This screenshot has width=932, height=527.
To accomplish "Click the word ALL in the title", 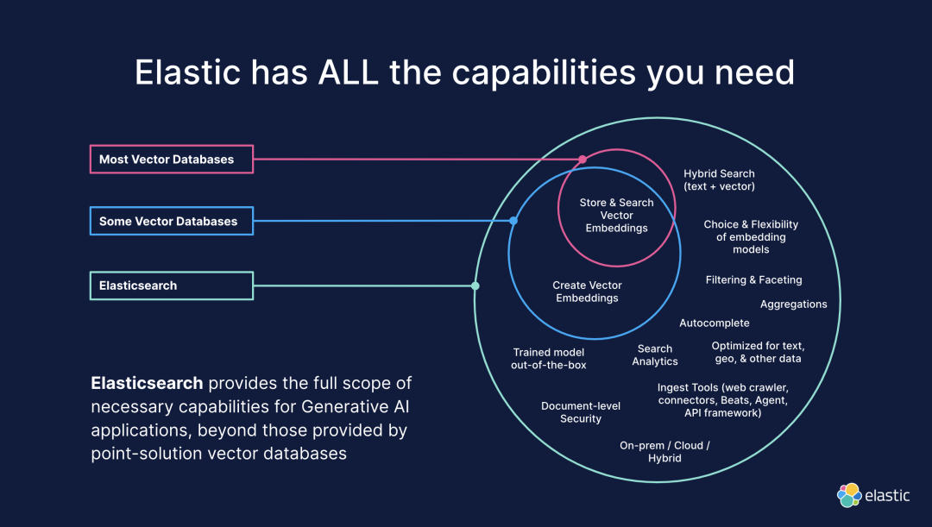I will click(x=349, y=72).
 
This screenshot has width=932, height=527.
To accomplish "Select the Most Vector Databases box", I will click(x=172, y=160).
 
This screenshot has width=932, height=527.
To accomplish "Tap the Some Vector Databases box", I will click(x=172, y=222).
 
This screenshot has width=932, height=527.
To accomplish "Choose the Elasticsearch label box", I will click(x=172, y=285).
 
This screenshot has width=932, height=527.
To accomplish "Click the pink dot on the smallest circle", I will click(x=582, y=160).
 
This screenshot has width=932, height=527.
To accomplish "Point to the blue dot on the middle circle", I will click(x=513, y=221).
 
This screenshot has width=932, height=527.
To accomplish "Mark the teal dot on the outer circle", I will click(x=475, y=285).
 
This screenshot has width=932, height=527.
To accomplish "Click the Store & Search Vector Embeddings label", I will click(x=617, y=216).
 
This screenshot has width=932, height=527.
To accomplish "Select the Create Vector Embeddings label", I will click(x=588, y=292).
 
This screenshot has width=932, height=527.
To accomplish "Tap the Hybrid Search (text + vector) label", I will click(x=719, y=180).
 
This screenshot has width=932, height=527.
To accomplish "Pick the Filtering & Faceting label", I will click(x=753, y=280).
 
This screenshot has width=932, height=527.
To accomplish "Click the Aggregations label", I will click(x=793, y=304).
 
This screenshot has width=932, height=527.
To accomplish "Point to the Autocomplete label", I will click(x=715, y=323).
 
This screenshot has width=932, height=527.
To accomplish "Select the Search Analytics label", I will click(x=655, y=355).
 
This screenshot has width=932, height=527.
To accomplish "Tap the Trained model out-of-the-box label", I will click(x=549, y=359).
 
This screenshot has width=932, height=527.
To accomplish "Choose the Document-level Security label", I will click(x=581, y=412).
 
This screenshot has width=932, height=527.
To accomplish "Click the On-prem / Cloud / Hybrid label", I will click(x=664, y=452).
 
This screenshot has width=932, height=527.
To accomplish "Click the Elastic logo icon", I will click(x=850, y=495).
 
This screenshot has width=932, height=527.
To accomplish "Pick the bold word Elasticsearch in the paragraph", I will click(x=147, y=383).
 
